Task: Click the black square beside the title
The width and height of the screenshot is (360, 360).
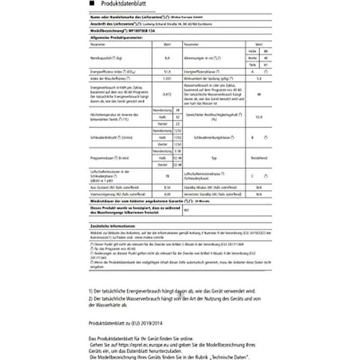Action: (92, 3)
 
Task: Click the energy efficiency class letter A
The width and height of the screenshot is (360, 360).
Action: (253, 71)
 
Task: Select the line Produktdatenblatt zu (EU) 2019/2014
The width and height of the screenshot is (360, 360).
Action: (126, 324)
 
